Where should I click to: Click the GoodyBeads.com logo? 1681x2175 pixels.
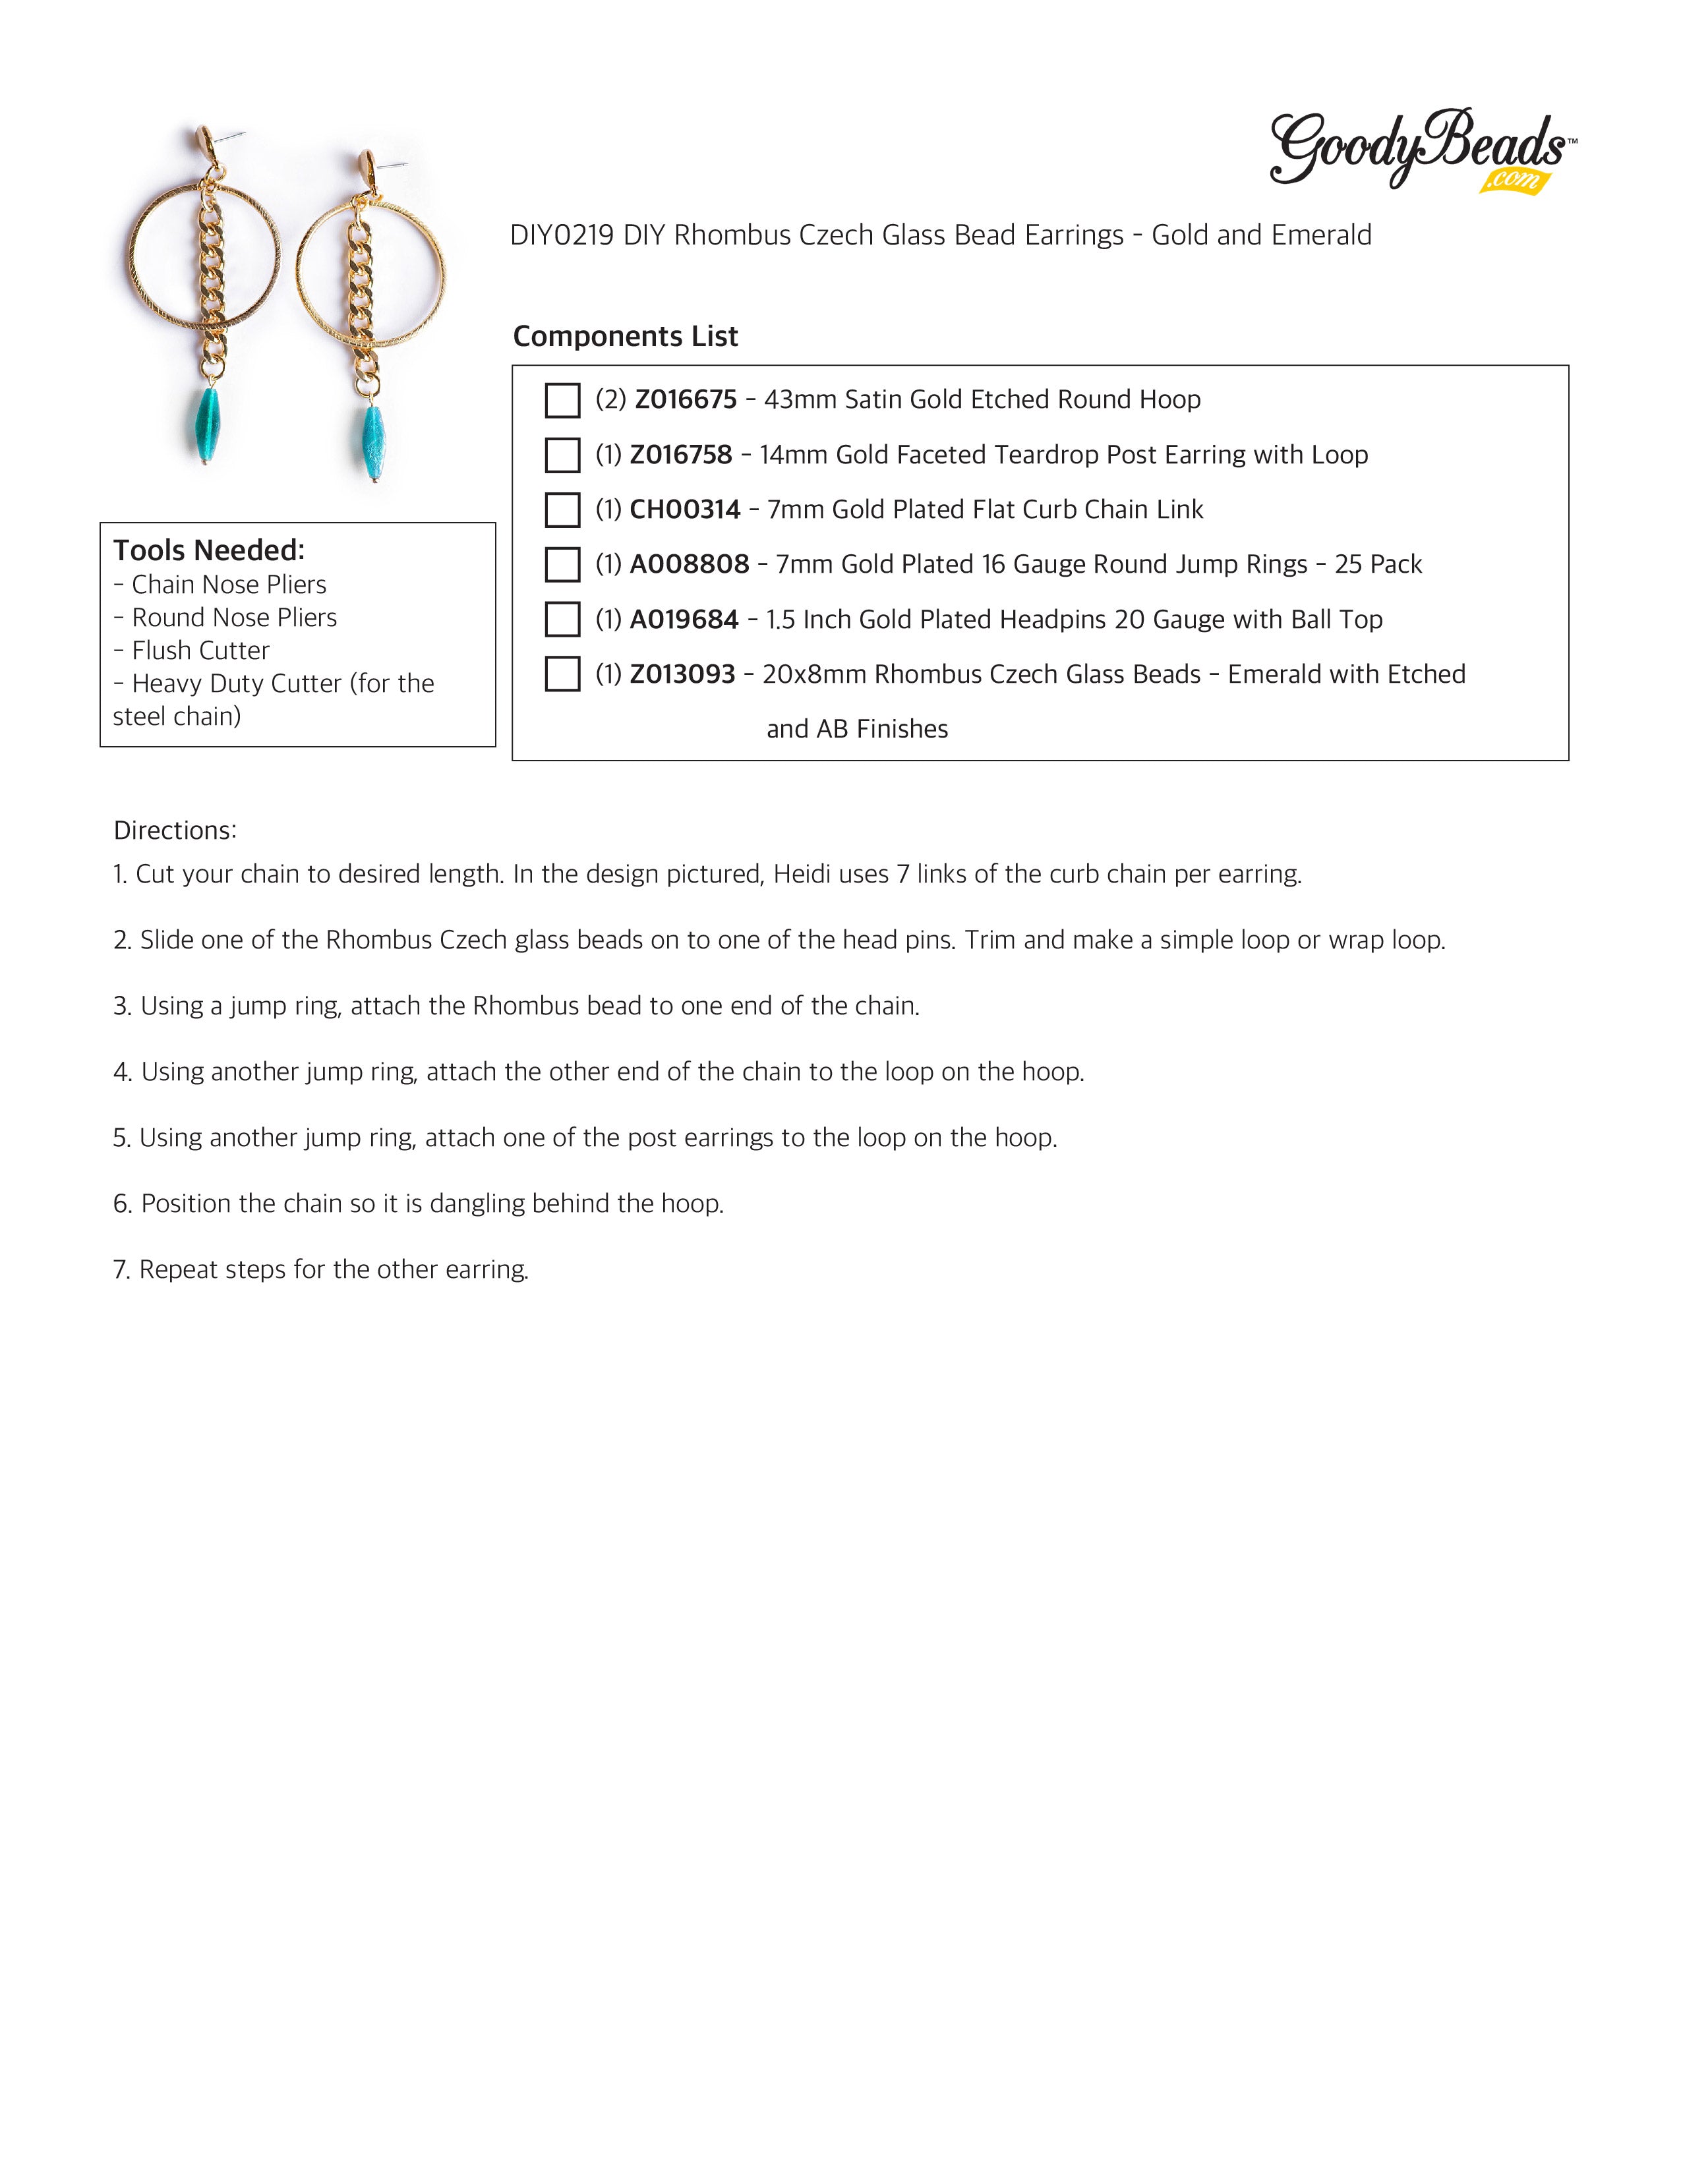point(1421,150)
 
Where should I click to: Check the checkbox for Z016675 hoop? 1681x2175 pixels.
point(563,400)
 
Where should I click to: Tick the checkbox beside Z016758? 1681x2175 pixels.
point(563,455)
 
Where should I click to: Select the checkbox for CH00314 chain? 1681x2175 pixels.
point(563,510)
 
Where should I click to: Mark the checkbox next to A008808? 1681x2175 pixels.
point(563,565)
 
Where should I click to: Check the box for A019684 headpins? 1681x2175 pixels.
point(563,620)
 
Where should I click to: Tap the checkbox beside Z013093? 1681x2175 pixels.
point(563,674)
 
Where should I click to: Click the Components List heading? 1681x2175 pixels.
point(626,337)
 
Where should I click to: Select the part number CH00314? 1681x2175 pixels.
point(685,510)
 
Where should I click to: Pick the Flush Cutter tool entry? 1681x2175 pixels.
point(200,651)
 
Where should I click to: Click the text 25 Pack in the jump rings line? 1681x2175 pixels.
point(1378,565)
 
